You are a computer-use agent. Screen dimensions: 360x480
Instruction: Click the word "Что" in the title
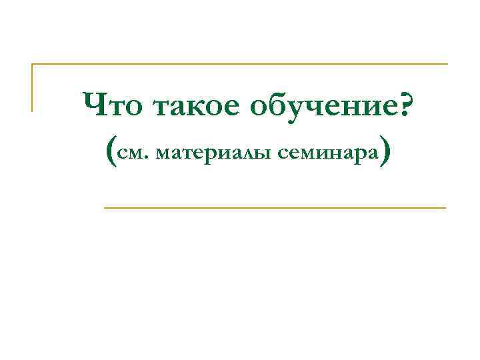tap(114, 105)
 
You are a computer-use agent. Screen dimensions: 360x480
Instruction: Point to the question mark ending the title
tap(403, 103)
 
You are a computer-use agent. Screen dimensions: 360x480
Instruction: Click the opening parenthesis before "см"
tap(111, 152)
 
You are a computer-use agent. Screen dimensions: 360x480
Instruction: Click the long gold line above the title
tap(240, 65)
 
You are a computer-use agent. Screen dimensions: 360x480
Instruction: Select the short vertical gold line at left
tap(32, 87)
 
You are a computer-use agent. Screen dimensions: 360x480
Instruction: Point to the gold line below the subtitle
tap(275, 208)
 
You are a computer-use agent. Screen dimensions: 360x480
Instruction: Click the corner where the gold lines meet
tap(32, 65)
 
